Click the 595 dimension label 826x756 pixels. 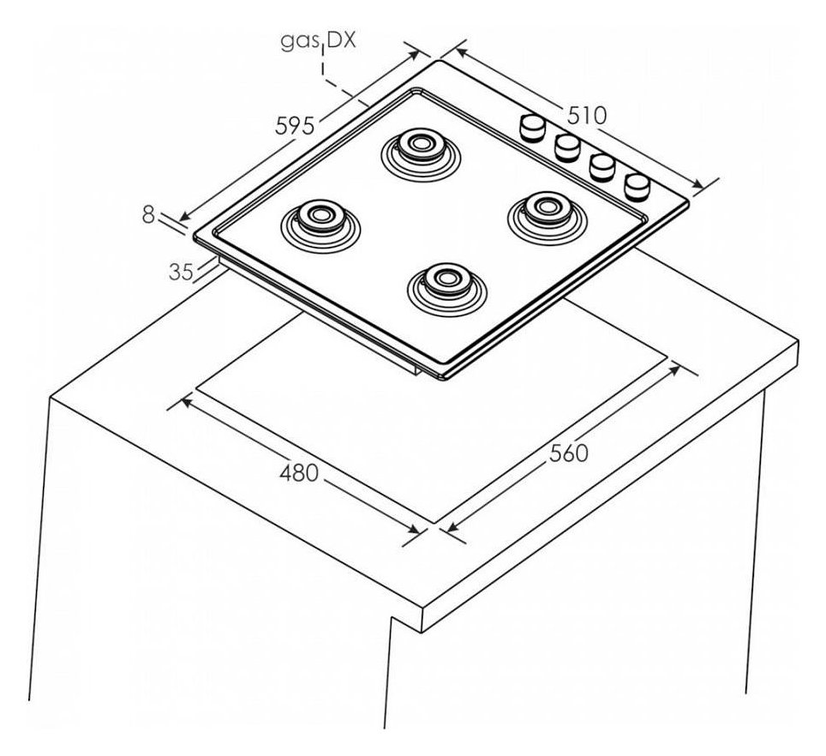pos(295,125)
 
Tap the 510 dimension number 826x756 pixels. pos(587,116)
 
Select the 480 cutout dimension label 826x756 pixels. pos(299,472)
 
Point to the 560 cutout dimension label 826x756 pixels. pos(568,453)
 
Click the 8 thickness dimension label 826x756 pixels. pos(148,214)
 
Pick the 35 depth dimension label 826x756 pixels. pos(181,272)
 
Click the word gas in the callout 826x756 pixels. pos(299,40)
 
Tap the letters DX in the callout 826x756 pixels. pos(341,40)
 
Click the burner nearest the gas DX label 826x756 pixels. pos(421,153)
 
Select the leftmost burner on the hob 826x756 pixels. pos(320,224)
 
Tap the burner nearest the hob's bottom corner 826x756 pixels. pos(446,288)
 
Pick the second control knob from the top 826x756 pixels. pos(567,147)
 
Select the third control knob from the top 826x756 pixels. pos(602,167)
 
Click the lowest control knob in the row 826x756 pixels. pos(637,188)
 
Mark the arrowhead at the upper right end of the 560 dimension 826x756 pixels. pos(676,369)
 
